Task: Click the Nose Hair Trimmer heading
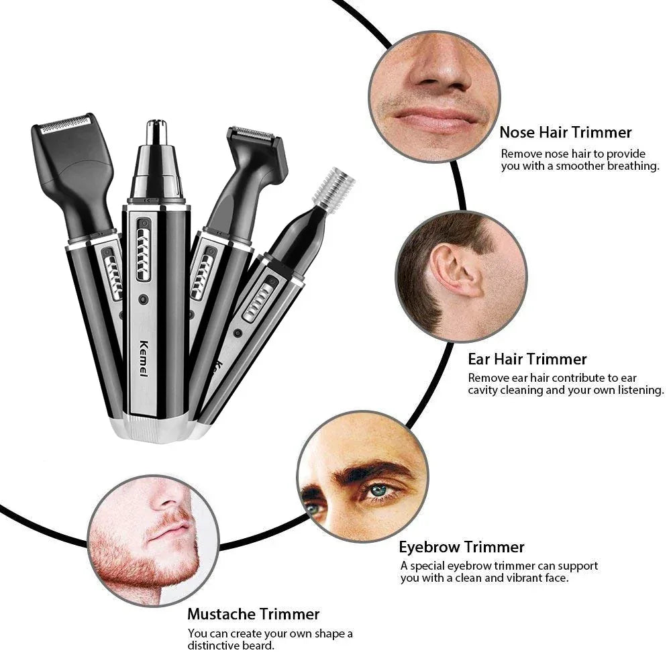(565, 133)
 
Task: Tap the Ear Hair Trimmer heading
(527, 359)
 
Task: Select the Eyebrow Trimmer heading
(462, 547)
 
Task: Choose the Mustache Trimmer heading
(253, 613)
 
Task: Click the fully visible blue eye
(380, 491)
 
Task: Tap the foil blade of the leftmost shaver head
(65, 124)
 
